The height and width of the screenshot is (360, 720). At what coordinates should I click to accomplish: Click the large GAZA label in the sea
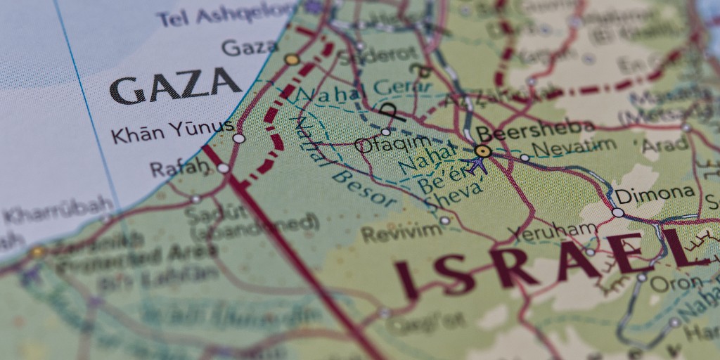[x=174, y=86]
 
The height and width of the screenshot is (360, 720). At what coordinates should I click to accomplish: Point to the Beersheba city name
[x=535, y=131]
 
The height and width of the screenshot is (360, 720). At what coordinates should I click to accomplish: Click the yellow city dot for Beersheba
[x=482, y=150]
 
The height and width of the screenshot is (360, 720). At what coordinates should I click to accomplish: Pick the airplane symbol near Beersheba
[x=477, y=166]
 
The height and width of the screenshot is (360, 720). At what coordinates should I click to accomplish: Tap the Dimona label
[x=655, y=193]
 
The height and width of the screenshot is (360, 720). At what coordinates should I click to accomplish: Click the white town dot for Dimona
[x=617, y=212]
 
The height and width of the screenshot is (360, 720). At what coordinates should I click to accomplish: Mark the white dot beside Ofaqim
[x=385, y=131]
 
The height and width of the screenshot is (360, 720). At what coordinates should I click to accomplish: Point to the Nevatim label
[x=574, y=147]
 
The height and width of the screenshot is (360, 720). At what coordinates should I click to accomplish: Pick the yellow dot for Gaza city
[x=292, y=60]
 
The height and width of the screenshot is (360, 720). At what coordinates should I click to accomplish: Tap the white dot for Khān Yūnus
[x=239, y=138]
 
